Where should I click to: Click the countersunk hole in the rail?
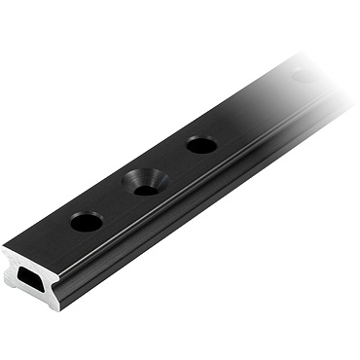146,182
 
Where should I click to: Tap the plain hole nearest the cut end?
87,222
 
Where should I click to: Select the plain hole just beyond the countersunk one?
201,145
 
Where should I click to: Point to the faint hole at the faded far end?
305,75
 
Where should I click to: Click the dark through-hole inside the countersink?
147,188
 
